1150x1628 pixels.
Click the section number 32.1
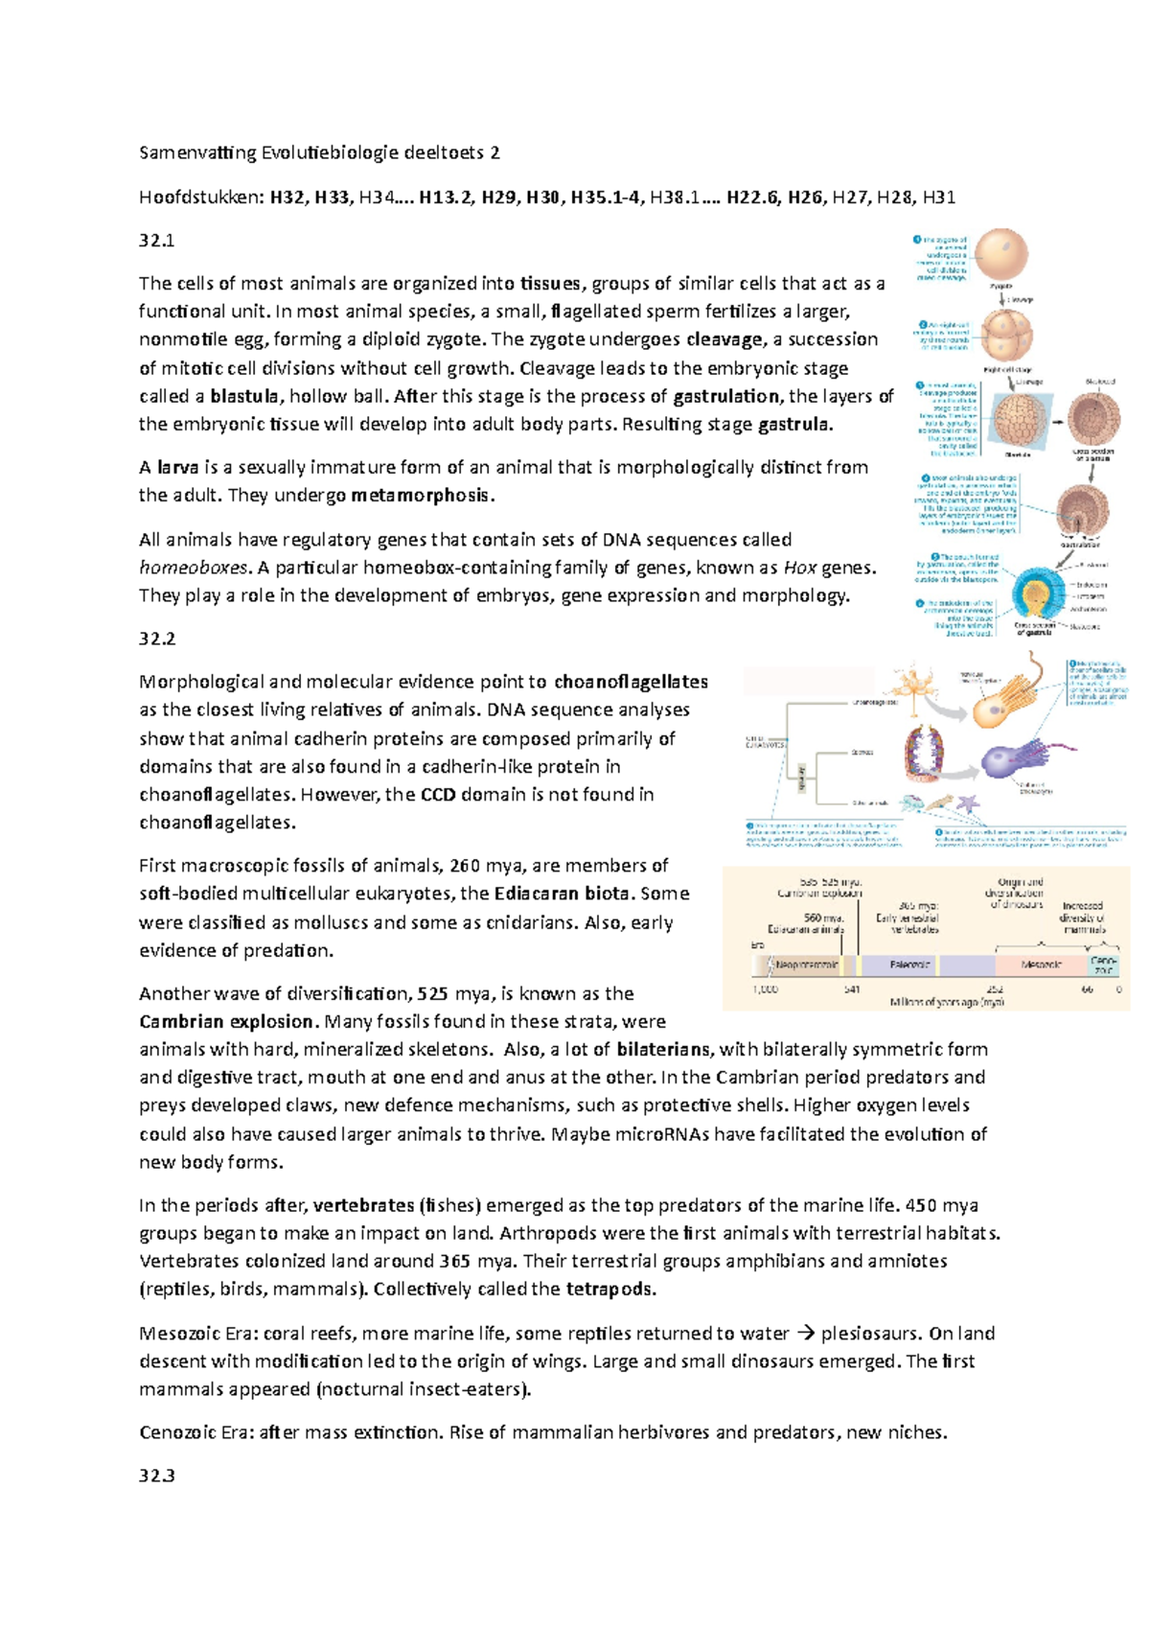[x=156, y=241]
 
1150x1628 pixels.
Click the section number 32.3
[x=156, y=1476]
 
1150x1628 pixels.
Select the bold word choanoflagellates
[x=631, y=682]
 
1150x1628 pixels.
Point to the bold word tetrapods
[x=610, y=1289]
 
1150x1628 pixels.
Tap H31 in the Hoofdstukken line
[x=938, y=198]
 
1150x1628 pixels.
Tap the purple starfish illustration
[x=969, y=803]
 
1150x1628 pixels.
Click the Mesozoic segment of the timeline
[x=1041, y=965]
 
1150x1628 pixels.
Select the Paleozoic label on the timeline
[x=909, y=965]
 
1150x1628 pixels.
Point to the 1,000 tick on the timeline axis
[x=765, y=988]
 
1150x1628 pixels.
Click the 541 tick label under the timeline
[x=851, y=988]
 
